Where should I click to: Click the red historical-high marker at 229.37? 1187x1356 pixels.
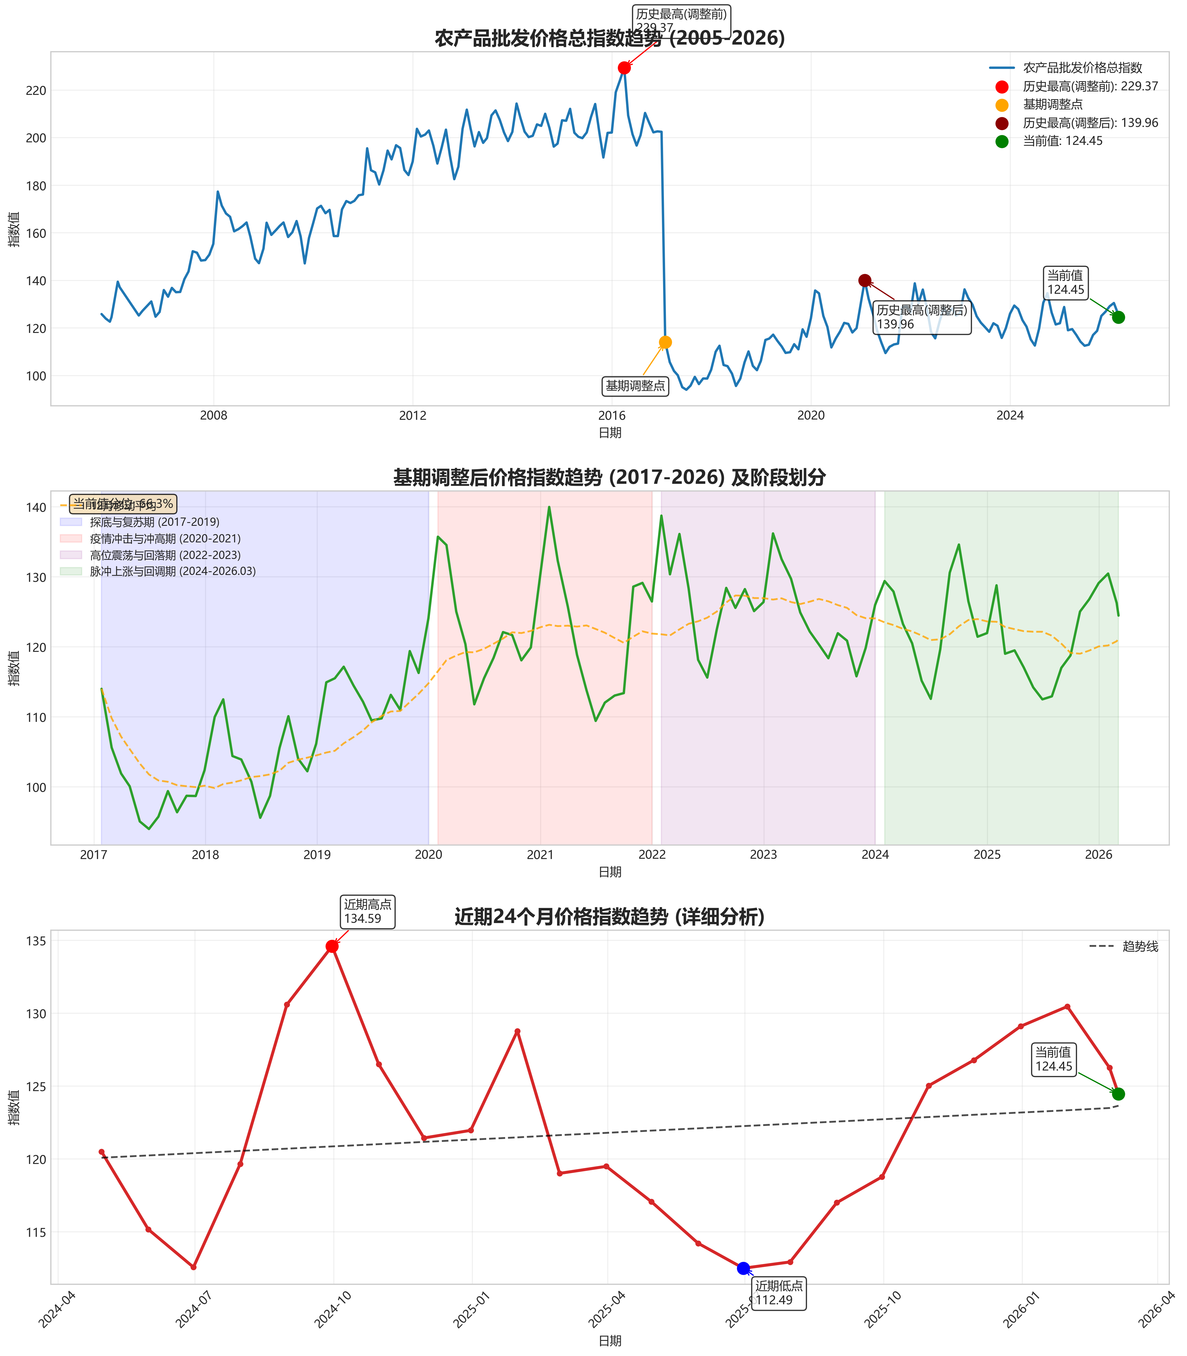pyautogui.click(x=624, y=67)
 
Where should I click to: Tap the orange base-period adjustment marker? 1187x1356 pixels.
pyautogui.click(x=665, y=342)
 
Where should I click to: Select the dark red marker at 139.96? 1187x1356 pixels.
pyautogui.click(x=864, y=280)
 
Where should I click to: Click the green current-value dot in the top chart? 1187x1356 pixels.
pyautogui.click(x=1118, y=317)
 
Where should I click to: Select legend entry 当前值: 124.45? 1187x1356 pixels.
pyautogui.click(x=1062, y=141)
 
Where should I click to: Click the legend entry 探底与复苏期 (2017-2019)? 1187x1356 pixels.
pyautogui.click(x=154, y=522)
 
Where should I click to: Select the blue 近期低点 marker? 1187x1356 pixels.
pyautogui.click(x=743, y=1268)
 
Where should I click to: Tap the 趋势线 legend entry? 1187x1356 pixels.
pyautogui.click(x=1139, y=946)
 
